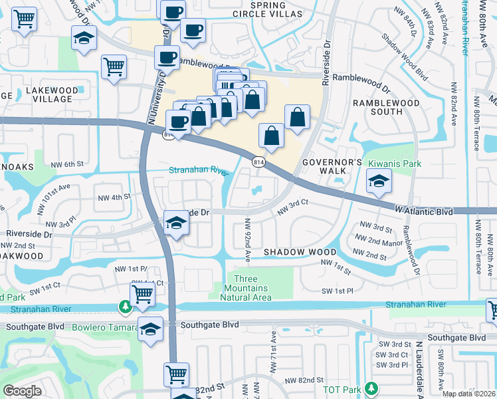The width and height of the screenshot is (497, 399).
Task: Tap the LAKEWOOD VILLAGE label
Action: (x=49, y=94)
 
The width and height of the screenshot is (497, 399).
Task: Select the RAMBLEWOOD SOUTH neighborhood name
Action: (x=386, y=107)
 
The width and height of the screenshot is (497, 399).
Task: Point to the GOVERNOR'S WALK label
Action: (x=332, y=166)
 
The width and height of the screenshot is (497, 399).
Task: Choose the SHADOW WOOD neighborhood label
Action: (x=300, y=253)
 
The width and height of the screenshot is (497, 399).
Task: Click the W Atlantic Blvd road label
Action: (x=423, y=211)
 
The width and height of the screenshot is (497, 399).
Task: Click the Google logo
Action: (x=22, y=391)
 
